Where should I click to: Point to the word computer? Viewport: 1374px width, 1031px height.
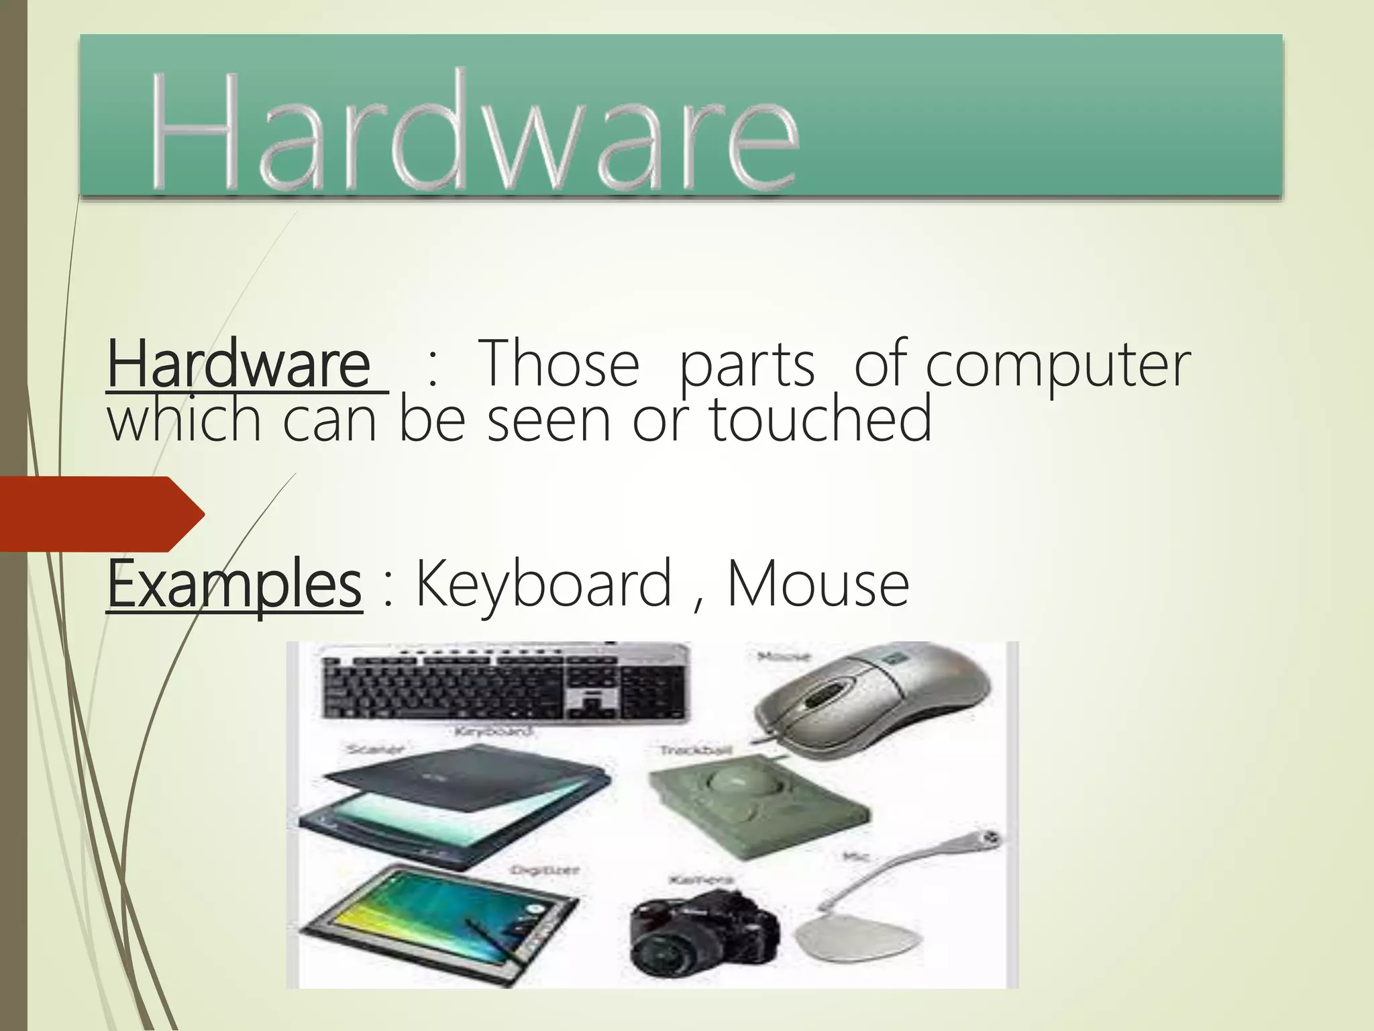click(1057, 366)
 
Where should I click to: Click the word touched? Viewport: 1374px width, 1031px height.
click(820, 419)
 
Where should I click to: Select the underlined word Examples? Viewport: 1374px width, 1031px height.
click(234, 585)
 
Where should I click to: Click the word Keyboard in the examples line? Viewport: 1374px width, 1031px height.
click(543, 585)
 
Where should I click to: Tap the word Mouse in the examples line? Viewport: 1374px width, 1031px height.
click(818, 585)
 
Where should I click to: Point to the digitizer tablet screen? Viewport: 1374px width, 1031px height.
click(429, 913)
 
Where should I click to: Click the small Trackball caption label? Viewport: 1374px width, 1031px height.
click(695, 750)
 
